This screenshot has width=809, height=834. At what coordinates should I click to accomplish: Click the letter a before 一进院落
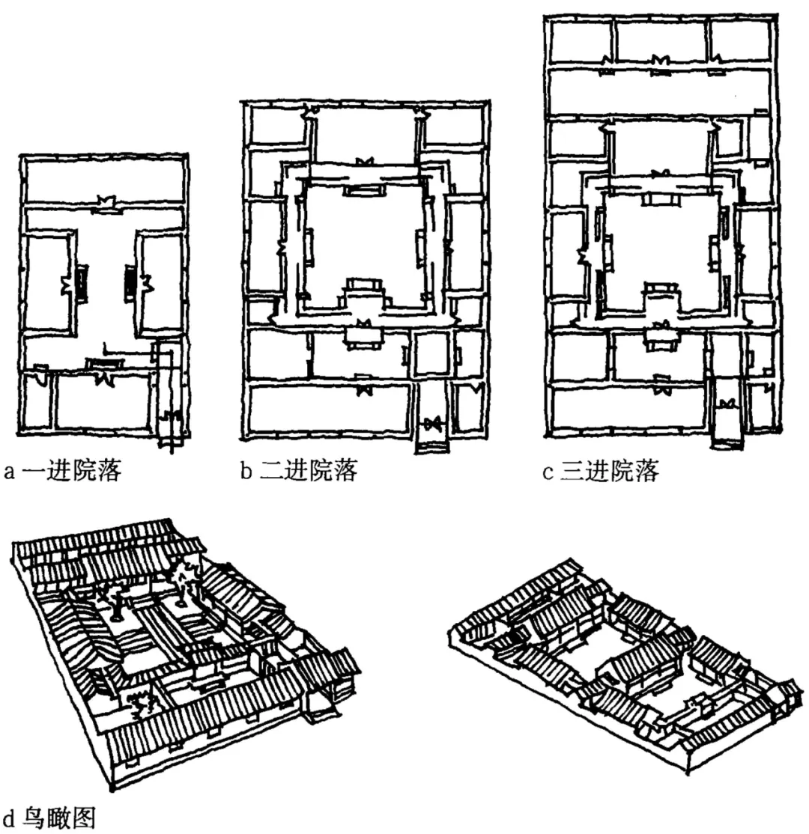point(9,473)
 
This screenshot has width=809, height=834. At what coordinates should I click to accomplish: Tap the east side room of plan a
point(160,283)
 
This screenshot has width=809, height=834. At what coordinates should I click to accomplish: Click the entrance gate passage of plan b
point(431,427)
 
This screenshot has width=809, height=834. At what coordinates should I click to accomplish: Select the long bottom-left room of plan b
point(330,408)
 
